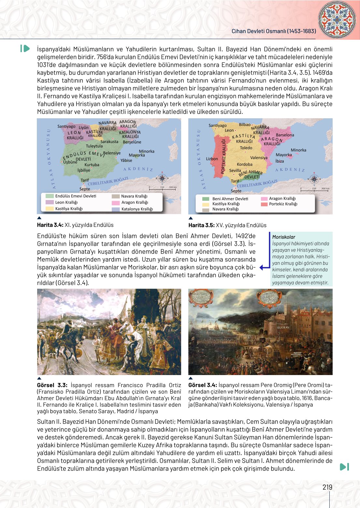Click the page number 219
pos(327,487)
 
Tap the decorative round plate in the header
pos(337,20)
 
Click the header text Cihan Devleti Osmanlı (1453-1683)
pos(274,31)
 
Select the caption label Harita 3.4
pos(50,225)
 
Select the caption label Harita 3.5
pos(201,225)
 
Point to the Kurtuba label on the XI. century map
pos(92,165)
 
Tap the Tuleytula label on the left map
pos(94,146)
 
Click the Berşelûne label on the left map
pos(132,142)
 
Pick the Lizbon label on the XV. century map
pos(212,159)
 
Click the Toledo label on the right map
pos(246,148)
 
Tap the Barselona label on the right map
pos(285,135)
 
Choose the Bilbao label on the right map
pos(245,125)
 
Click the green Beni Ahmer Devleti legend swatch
pos(206,199)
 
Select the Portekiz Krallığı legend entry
pos(283,204)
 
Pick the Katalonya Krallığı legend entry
pos(137,209)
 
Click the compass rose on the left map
pos(162,178)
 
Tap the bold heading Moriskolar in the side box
pos(283,237)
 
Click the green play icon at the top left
pos(25,49)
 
